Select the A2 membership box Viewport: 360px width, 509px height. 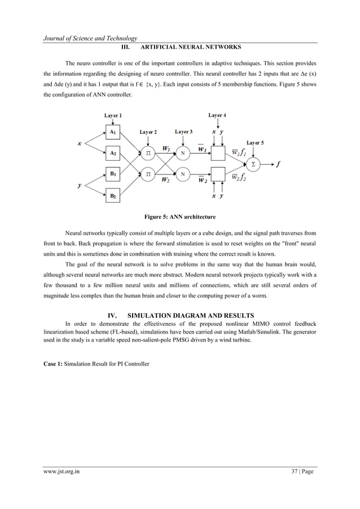click(x=113, y=152)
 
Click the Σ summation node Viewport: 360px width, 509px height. click(x=253, y=164)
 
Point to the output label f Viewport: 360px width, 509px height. click(x=278, y=164)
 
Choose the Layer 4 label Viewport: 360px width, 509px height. click(x=217, y=115)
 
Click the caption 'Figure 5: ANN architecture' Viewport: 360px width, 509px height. click(x=179, y=216)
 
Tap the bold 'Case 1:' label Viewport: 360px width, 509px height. click(x=53, y=364)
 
